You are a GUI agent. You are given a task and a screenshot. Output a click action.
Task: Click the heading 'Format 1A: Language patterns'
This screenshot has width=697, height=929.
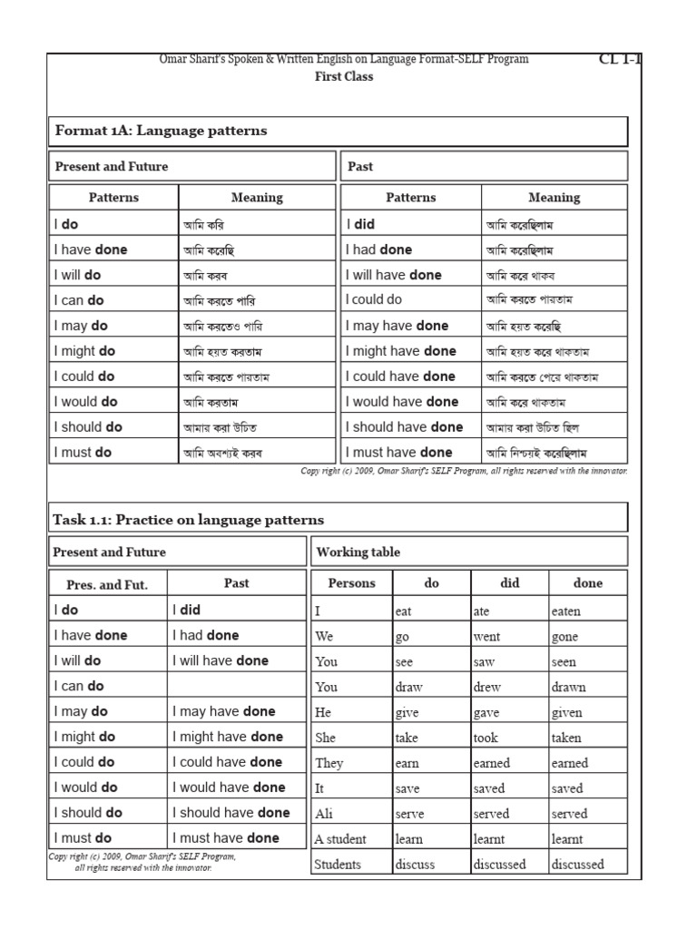click(x=162, y=131)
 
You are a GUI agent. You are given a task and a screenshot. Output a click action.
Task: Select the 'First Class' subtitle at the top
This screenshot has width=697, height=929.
click(x=343, y=77)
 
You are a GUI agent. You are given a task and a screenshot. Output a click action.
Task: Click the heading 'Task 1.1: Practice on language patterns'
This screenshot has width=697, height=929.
click(x=189, y=520)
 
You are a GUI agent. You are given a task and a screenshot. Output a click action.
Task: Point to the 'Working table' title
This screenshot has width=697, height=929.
click(x=358, y=552)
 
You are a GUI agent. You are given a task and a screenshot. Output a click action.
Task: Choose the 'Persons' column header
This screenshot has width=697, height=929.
click(x=351, y=583)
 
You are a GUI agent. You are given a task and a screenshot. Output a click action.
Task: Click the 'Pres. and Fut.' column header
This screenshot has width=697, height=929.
click(x=107, y=584)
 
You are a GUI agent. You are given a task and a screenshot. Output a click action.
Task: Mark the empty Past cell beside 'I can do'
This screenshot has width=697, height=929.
click(x=236, y=686)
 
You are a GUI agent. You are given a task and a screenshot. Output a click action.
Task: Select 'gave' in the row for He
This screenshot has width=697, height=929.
click(x=487, y=713)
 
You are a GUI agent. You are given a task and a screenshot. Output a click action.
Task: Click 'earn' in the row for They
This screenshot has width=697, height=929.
click(x=407, y=764)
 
